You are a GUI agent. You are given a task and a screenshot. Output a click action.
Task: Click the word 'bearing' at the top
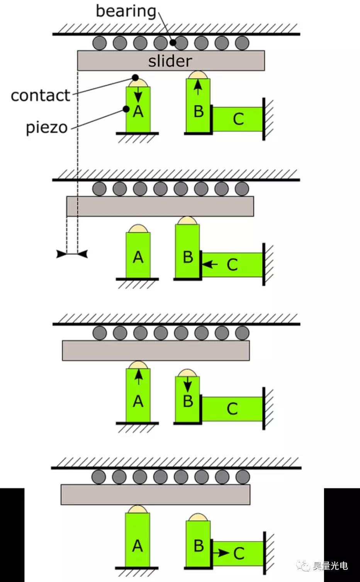(126, 11)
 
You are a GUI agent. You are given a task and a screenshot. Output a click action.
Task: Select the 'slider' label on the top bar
(170, 61)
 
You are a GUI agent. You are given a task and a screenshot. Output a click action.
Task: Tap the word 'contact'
(41, 95)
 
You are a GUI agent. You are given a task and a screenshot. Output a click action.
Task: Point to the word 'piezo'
(47, 127)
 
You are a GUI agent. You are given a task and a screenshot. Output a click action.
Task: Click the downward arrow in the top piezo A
(138, 94)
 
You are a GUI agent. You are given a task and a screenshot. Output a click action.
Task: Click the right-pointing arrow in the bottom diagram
(221, 553)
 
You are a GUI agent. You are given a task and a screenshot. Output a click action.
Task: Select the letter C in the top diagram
(238, 119)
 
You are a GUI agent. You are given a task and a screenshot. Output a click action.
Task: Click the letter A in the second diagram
(138, 257)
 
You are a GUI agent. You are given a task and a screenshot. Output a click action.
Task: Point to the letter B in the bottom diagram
(199, 546)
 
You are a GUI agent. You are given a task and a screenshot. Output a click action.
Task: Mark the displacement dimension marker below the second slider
(72, 254)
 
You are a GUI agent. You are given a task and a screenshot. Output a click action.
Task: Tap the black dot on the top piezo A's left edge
(126, 109)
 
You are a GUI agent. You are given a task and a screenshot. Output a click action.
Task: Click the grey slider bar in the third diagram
(156, 350)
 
